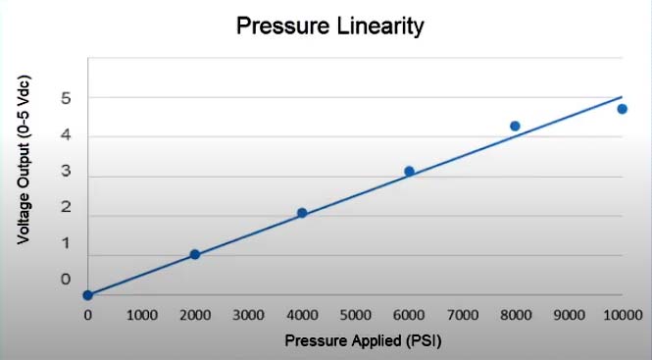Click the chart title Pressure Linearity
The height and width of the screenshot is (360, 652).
[x=330, y=26]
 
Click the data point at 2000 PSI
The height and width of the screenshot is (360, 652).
[x=194, y=254]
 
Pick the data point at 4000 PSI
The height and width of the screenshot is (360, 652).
[x=302, y=213]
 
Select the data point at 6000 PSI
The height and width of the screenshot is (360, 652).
[x=409, y=171]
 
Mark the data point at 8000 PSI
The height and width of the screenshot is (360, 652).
[x=515, y=126]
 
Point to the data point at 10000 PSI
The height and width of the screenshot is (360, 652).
[x=622, y=109]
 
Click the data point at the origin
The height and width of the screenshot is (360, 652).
[x=87, y=294]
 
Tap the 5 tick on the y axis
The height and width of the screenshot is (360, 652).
[x=66, y=98]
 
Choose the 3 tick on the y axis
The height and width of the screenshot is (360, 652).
[x=66, y=177]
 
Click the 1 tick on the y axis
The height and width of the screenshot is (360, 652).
[x=66, y=255]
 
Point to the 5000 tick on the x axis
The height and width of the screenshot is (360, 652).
[x=355, y=315]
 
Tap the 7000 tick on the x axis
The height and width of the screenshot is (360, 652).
[x=462, y=315]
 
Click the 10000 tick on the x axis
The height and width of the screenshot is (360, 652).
[x=622, y=315]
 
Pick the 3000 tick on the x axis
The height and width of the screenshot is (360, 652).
[x=248, y=315]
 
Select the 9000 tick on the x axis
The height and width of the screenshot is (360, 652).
[x=569, y=315]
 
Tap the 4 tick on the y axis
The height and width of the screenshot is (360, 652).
[x=66, y=137]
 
